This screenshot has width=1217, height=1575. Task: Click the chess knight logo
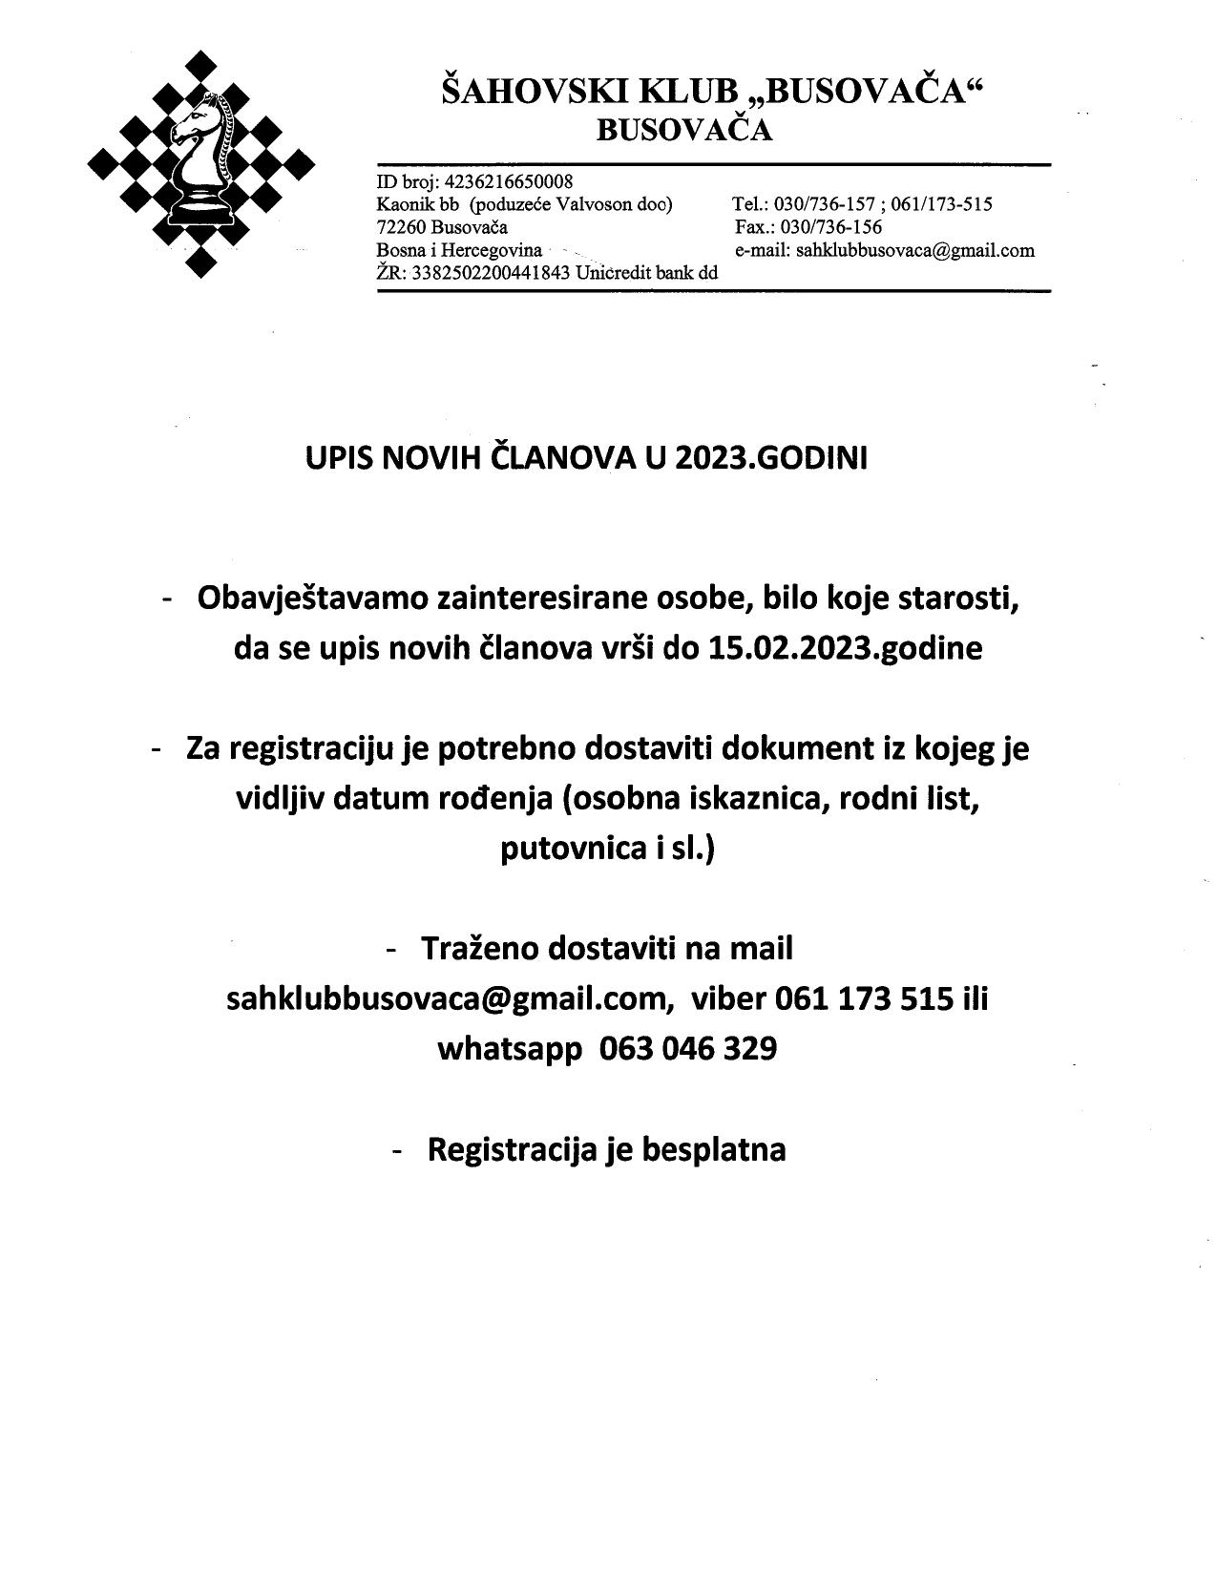pos(200,163)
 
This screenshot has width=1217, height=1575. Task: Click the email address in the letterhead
pos(915,250)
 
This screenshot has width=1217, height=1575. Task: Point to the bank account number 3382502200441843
pos(491,273)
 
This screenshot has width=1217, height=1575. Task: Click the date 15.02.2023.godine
pos(845,648)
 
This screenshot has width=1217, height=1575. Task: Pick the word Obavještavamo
pos(312,598)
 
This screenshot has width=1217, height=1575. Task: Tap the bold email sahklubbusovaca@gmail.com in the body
pos(445,998)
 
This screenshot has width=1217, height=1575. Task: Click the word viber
pos(729,998)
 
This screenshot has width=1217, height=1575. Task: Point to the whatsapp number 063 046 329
pos(687,1048)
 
